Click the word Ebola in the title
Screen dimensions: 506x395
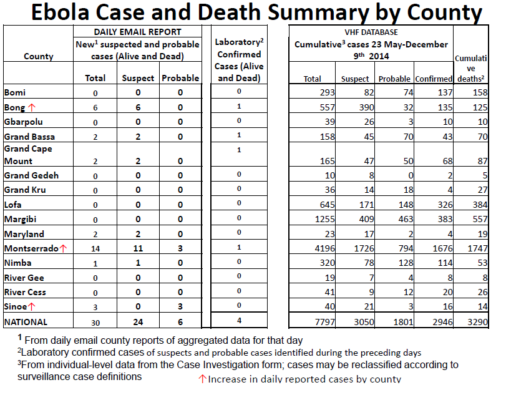tap(60, 12)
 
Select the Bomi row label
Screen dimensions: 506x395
tap(15, 92)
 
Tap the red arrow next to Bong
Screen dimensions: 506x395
tap(32, 107)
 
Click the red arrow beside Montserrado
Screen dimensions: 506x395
tap(63, 248)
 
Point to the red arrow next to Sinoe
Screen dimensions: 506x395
tap(32, 306)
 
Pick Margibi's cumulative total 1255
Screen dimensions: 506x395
tap(324, 219)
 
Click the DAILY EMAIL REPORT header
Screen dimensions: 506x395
tap(137, 32)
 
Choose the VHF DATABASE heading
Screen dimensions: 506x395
tap(371, 32)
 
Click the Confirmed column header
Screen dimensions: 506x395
tap(434, 79)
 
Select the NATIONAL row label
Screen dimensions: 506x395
tap(26, 322)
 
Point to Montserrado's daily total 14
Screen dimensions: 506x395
tap(95, 249)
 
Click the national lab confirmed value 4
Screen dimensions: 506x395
tap(239, 321)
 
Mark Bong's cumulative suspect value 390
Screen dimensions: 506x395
tap(366, 107)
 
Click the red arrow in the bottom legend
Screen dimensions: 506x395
tap(202, 379)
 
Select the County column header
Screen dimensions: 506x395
tap(39, 57)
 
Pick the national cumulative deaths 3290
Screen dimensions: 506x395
tap(477, 322)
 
